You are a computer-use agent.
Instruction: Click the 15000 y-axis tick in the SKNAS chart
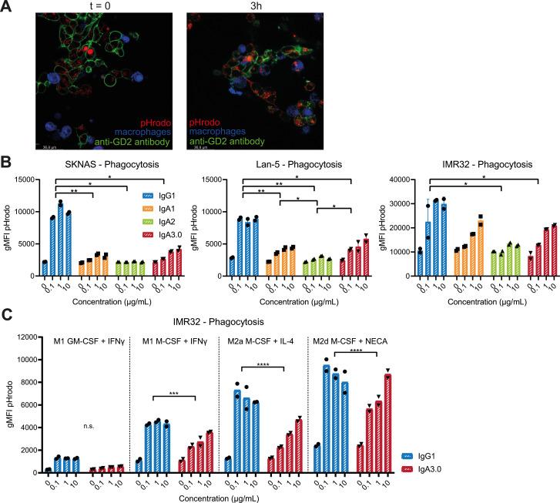click(33, 179)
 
